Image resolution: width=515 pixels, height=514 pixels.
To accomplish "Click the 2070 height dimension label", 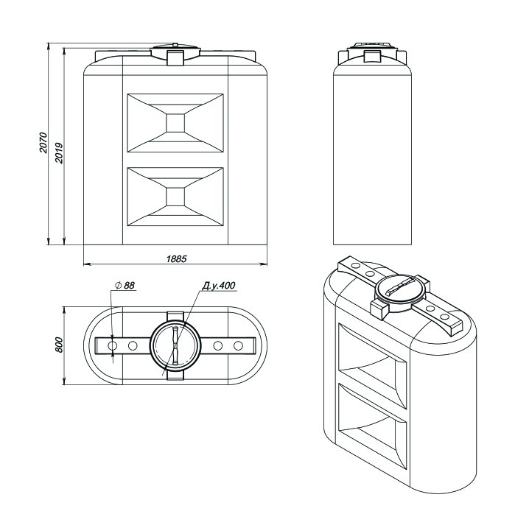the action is click(x=43, y=143).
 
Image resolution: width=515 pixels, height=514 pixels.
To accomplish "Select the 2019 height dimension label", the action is click(x=59, y=153).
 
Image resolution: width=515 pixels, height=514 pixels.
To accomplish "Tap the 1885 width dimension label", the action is click(x=176, y=259).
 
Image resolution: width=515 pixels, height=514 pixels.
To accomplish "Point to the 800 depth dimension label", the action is click(x=59, y=345).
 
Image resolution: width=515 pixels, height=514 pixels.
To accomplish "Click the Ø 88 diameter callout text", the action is click(x=125, y=285).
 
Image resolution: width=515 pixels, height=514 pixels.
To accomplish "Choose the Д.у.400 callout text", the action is click(x=218, y=285).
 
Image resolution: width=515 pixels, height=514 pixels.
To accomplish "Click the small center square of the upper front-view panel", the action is click(x=175, y=123).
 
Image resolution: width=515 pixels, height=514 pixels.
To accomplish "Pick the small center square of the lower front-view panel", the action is click(x=175, y=197).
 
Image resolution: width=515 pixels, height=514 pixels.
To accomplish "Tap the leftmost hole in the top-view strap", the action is click(x=112, y=345).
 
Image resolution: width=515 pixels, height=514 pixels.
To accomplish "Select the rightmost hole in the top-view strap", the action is click(x=238, y=345).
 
